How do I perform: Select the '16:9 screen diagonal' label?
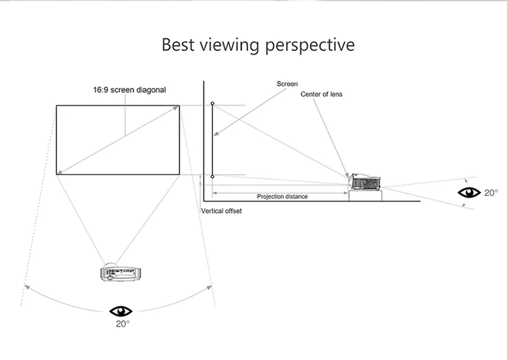click(x=130, y=90)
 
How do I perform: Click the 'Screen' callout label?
click(x=287, y=84)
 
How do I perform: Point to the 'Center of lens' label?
click(x=322, y=94)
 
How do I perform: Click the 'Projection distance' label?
click(x=282, y=196)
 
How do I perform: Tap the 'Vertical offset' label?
click(x=221, y=210)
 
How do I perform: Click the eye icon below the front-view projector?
click(x=121, y=311)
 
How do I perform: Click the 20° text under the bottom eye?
click(x=122, y=324)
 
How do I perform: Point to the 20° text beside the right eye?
click(x=491, y=192)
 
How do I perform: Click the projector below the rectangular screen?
click(x=119, y=271)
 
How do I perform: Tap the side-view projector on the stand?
click(x=365, y=182)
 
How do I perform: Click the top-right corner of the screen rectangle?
click(x=180, y=106)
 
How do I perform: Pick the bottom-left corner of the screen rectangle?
click(x=56, y=174)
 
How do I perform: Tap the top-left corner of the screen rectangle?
click(x=56, y=106)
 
